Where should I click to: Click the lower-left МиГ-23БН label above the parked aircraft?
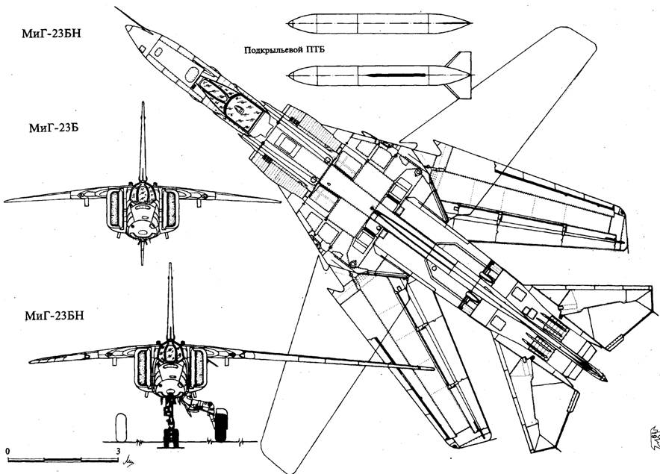pos(53,315)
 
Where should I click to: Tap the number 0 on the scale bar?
pos(6,452)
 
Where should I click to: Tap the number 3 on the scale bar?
pos(119,452)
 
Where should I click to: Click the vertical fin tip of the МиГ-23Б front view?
pos(142,105)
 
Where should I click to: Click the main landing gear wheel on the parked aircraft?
pos(221,425)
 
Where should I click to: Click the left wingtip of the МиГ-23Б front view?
pos(6,201)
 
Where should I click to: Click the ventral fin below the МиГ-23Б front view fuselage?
pos(142,254)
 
